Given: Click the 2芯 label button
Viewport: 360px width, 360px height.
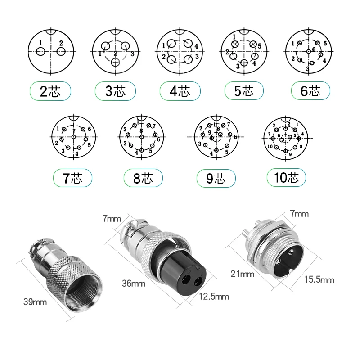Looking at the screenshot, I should [x=50, y=92].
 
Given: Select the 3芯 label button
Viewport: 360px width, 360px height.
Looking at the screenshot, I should [x=115, y=92].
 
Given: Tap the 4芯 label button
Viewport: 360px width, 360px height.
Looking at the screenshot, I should [x=180, y=92].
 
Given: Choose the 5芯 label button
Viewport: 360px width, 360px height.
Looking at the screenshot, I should [x=244, y=92].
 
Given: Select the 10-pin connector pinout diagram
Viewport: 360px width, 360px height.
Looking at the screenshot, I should [x=286, y=135].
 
